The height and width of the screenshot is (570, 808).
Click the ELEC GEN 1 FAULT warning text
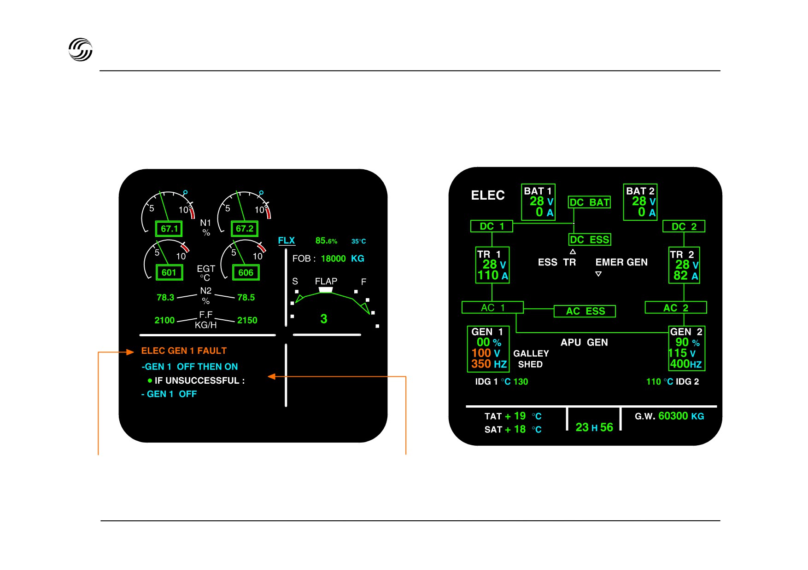tap(184, 351)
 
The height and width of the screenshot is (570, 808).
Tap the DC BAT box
tap(590, 202)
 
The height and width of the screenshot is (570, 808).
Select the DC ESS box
tap(590, 240)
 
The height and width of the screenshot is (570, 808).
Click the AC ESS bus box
tap(585, 311)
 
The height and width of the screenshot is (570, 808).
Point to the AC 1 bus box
tap(492, 307)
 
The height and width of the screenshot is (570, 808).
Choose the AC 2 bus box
tap(676, 307)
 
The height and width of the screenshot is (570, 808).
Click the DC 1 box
tap(492, 226)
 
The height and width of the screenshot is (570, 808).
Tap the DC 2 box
tap(684, 226)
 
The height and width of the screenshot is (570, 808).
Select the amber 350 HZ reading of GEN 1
tap(489, 364)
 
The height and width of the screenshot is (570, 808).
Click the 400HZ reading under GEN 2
tap(686, 364)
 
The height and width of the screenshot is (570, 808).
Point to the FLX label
tap(286, 241)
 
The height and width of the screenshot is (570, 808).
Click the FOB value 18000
tap(333, 259)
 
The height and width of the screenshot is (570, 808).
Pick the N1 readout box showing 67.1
tap(169, 229)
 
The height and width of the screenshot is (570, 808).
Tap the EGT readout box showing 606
tap(246, 272)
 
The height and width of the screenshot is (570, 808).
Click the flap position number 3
tap(324, 319)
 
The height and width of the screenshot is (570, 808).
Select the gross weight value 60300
tap(673, 416)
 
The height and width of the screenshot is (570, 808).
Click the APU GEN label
tap(584, 342)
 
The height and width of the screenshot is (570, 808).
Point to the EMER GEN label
tap(621, 262)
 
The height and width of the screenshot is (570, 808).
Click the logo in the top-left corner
tap(81, 50)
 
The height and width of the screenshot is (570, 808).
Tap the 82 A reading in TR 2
tap(686, 276)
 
